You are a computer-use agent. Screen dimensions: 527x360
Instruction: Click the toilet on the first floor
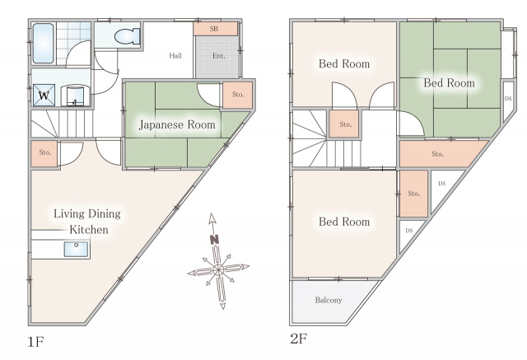pyautogui.click(x=127, y=36)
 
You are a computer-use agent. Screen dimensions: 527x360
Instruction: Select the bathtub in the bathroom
pyautogui.click(x=43, y=44)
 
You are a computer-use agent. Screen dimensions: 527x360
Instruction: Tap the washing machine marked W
pyautogui.click(x=44, y=95)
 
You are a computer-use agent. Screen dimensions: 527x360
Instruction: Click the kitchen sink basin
pyautogui.click(x=77, y=249)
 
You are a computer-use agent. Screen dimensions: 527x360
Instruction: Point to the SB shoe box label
pyautogui.click(x=214, y=29)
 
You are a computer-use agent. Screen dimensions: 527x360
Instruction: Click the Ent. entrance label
pyautogui.click(x=219, y=56)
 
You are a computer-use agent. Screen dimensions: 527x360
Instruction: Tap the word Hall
pyautogui.click(x=175, y=55)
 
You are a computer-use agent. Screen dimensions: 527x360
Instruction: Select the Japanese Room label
pyautogui.click(x=177, y=124)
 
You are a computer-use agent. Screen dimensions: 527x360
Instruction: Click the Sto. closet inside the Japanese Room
pyautogui.click(x=238, y=95)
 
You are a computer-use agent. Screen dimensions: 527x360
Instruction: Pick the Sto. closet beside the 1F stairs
pyautogui.click(x=44, y=153)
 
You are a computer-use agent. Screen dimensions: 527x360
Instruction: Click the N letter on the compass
pyautogui.click(x=214, y=240)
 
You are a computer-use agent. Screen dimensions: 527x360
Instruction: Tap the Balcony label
pyautogui.click(x=329, y=300)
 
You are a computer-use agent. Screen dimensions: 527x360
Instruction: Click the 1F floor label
pyautogui.click(x=36, y=342)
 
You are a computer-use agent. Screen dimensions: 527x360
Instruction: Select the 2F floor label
pyautogui.click(x=299, y=339)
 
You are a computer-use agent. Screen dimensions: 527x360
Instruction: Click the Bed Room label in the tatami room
pyautogui.click(x=449, y=82)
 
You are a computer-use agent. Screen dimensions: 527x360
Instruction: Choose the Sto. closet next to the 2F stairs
pyautogui.click(x=346, y=124)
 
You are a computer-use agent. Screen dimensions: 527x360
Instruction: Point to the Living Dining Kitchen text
pyautogui.click(x=87, y=222)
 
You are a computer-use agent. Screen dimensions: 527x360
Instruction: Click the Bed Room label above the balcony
pyautogui.click(x=344, y=222)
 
